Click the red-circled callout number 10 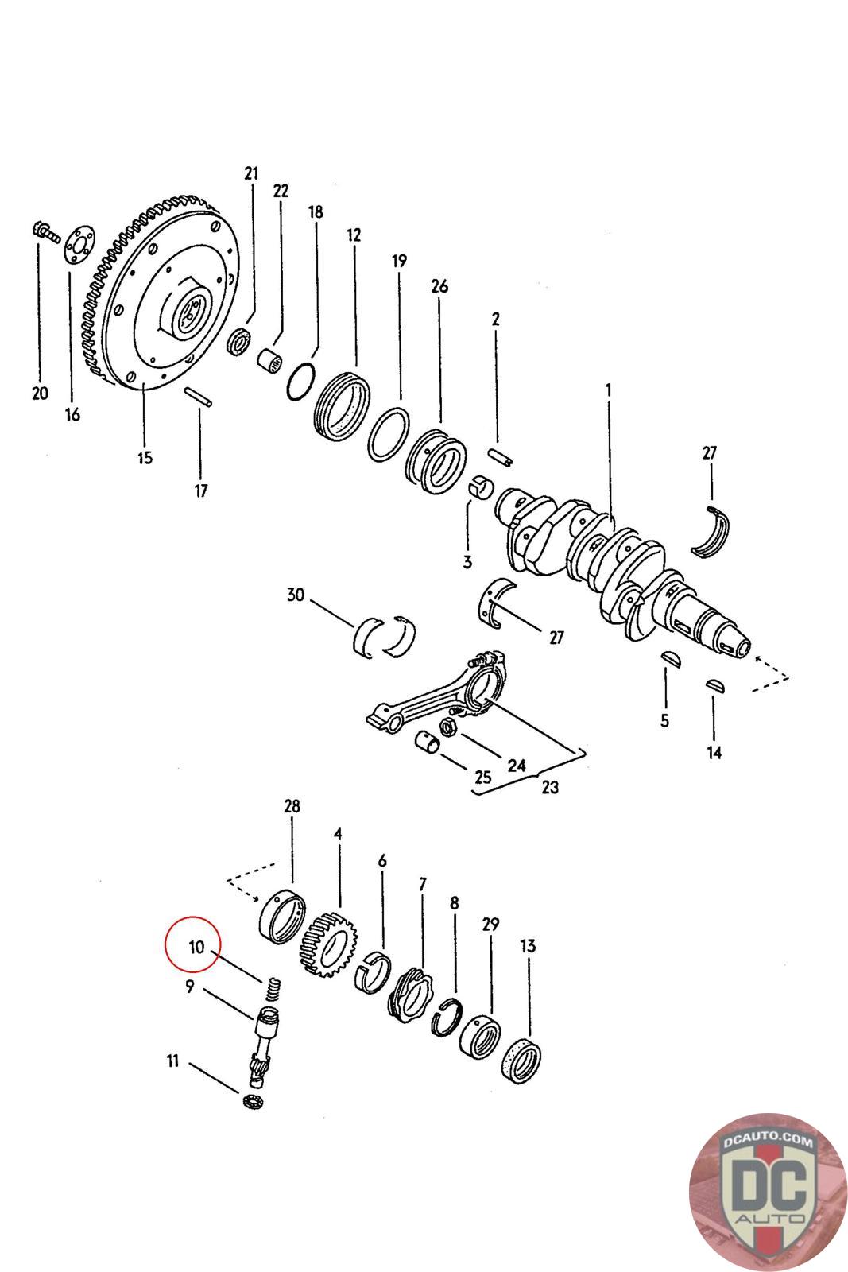click(x=196, y=947)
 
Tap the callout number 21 click(x=251, y=174)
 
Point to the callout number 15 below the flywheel click(x=145, y=458)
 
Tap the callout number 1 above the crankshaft click(x=608, y=390)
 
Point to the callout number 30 click(x=296, y=595)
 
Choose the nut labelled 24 click(x=447, y=725)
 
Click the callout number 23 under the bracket click(x=550, y=787)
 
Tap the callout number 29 click(x=490, y=925)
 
